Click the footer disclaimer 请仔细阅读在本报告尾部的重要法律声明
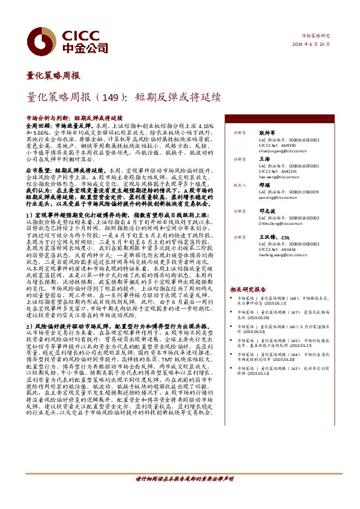179,495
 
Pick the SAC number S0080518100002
280,218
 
